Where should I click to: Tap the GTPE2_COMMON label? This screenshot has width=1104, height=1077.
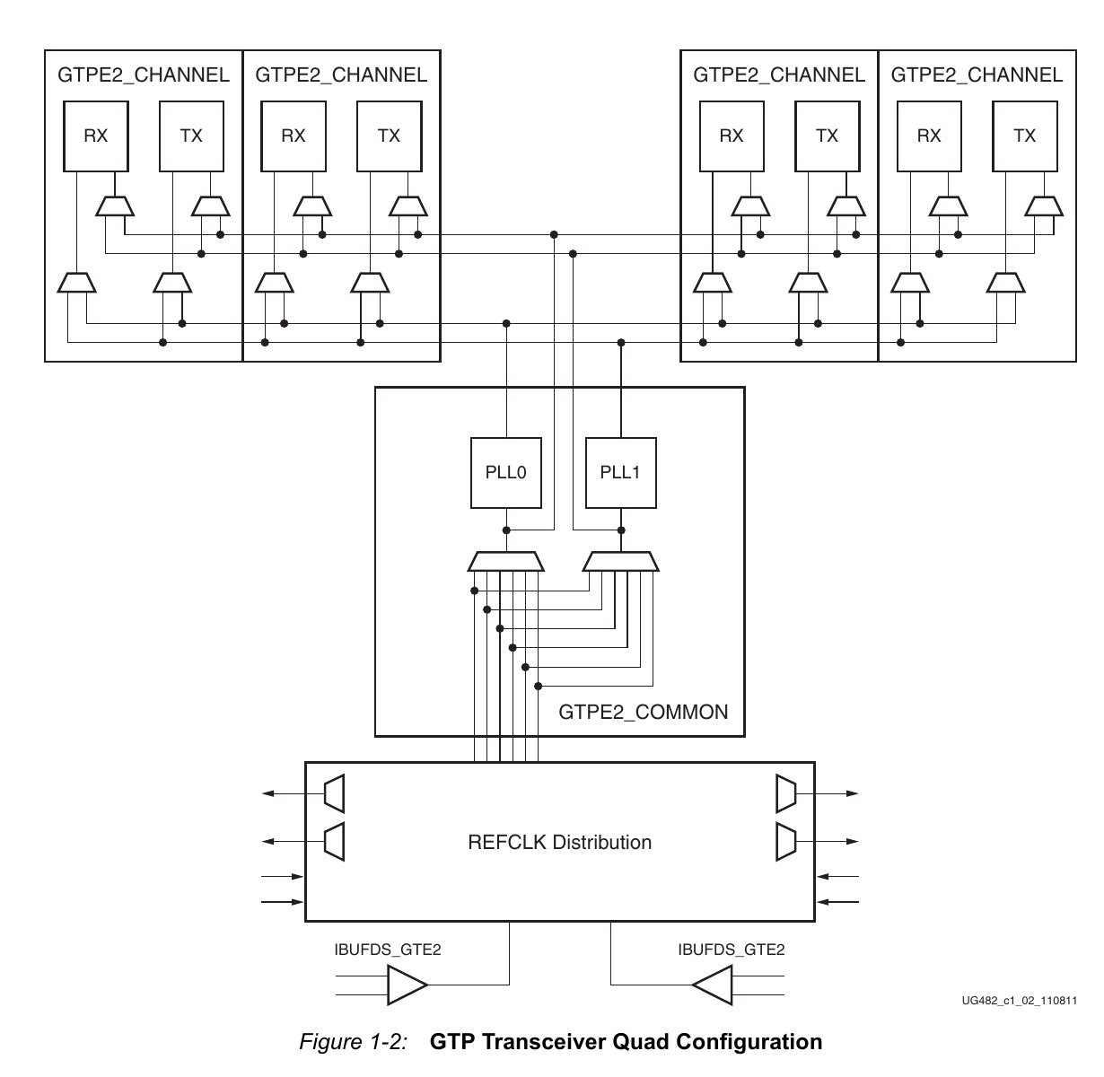(x=643, y=713)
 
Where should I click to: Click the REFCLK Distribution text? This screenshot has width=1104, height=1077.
(x=559, y=842)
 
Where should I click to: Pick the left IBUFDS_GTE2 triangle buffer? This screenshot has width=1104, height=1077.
(x=407, y=985)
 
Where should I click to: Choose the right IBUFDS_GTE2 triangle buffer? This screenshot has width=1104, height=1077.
(x=713, y=985)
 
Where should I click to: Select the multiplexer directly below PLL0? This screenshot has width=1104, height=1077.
(x=505, y=562)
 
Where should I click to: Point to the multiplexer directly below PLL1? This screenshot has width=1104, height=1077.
(x=620, y=562)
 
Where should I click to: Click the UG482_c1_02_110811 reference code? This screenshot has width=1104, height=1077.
(x=1019, y=1001)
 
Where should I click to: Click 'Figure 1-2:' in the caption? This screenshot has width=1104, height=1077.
(x=354, y=1042)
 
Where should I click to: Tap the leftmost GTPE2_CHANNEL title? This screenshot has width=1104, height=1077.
(x=144, y=74)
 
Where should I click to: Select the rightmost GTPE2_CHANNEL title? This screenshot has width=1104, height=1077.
(x=977, y=74)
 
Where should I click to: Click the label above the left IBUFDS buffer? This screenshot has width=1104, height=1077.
(x=388, y=950)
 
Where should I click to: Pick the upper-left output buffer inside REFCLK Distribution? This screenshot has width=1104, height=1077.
(x=334, y=793)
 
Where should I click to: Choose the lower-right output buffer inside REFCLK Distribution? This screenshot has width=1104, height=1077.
(x=785, y=842)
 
